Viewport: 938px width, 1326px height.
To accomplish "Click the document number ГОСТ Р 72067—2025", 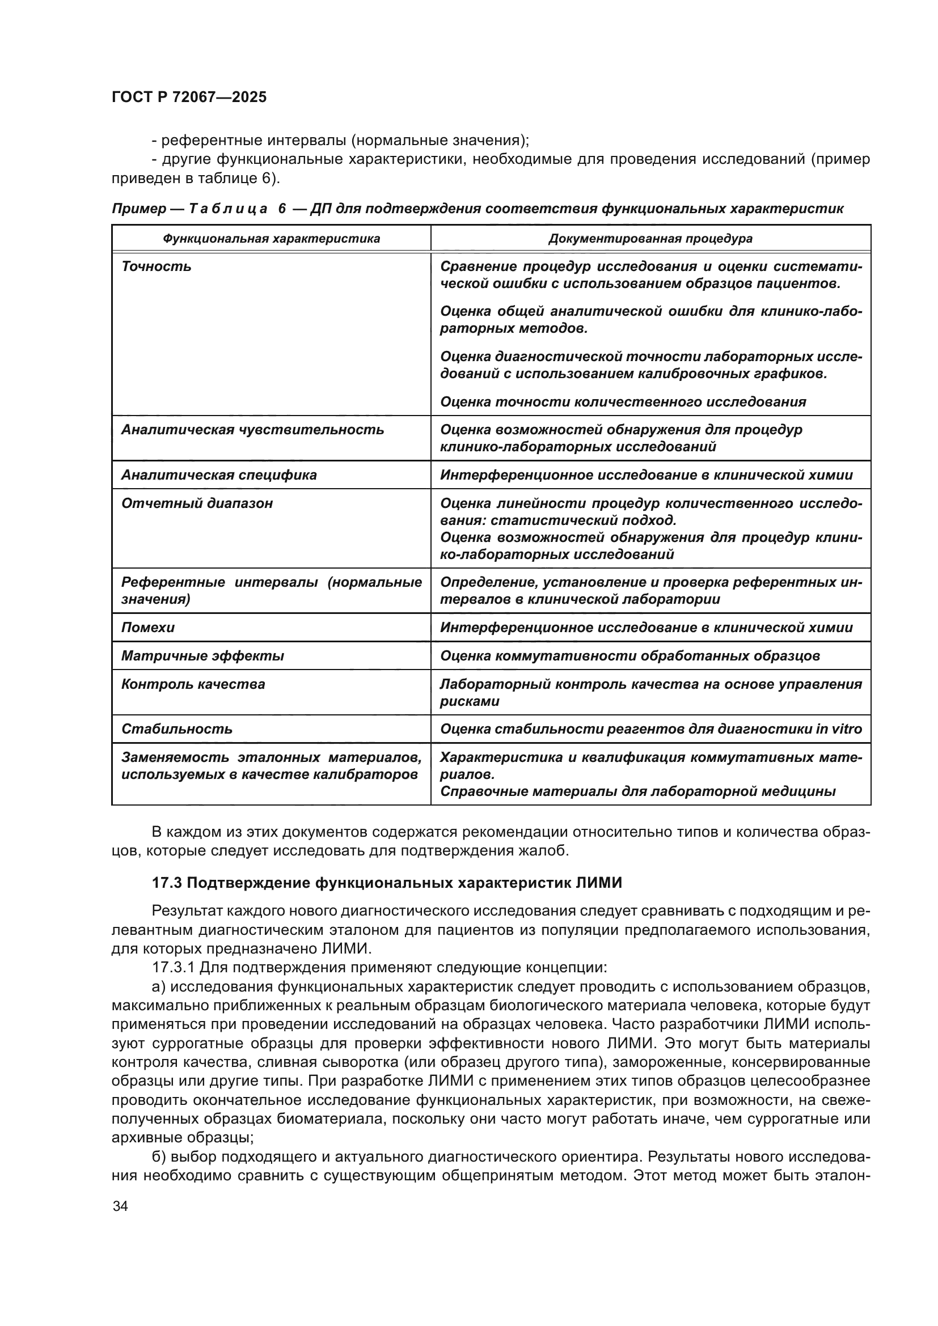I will click(x=189, y=97).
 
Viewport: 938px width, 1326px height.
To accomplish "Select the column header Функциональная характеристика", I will click(x=271, y=239).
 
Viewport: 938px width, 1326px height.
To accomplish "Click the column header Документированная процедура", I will click(x=650, y=239).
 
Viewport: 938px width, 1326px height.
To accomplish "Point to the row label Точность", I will click(x=156, y=267).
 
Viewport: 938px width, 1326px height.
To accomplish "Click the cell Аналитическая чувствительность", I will click(x=252, y=430).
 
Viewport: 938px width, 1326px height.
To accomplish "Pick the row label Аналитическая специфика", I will click(x=218, y=475).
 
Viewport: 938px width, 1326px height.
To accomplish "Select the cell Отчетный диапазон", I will click(x=196, y=503).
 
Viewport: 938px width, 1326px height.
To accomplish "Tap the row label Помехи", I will click(x=147, y=628).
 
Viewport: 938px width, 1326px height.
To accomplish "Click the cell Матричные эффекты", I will click(x=202, y=656).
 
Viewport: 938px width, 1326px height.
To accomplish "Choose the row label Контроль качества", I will click(x=193, y=684).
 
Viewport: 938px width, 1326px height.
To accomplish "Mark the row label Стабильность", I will click(x=176, y=730).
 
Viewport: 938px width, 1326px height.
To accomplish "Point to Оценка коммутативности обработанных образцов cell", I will click(x=629, y=656).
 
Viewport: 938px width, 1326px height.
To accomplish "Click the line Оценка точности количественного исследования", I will click(x=623, y=402).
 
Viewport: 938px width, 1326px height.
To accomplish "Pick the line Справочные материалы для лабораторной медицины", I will click(x=637, y=791).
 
